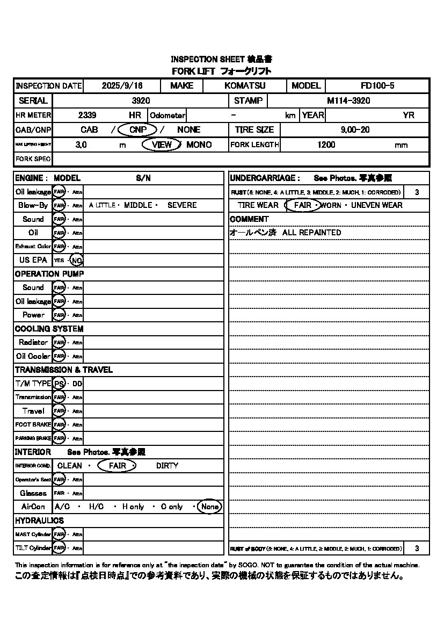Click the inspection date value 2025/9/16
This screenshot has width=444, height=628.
121,86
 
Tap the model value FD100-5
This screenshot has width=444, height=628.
377,86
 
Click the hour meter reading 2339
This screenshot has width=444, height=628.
87,115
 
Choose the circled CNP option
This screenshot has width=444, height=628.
137,129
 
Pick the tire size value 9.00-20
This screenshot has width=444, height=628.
355,129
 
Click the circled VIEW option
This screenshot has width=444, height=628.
162,145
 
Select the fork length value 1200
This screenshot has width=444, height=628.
326,145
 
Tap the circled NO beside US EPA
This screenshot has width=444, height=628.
77,260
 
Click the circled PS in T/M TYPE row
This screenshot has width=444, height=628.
59,384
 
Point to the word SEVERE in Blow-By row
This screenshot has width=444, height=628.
182,205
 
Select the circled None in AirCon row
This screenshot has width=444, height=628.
209,507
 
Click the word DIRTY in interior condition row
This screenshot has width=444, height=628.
167,466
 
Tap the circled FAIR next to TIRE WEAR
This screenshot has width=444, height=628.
302,205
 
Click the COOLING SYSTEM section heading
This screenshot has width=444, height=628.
49,329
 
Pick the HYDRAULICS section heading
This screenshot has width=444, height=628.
39,521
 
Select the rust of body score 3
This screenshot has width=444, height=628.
417,548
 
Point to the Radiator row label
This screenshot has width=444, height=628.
33,342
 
